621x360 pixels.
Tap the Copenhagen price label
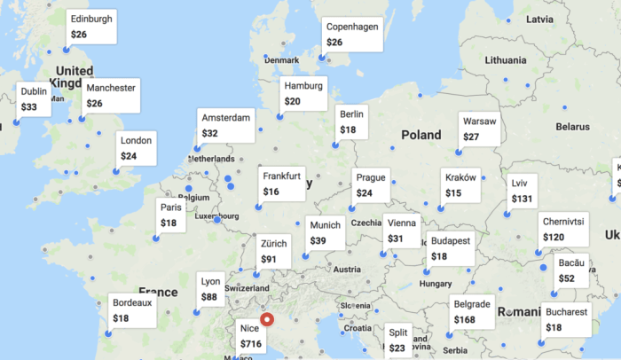[352, 34]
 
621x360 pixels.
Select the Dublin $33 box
[35, 98]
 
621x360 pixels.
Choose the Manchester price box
[111, 96]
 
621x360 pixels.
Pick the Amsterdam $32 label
[226, 125]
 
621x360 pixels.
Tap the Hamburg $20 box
[304, 94]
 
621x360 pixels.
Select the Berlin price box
[351, 121]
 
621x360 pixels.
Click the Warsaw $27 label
[479, 129]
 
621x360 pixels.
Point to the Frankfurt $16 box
[282, 184]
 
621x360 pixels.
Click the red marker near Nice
[268, 322]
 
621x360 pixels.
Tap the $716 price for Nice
[251, 342]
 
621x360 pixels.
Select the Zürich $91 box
[275, 251]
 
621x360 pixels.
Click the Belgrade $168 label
[471, 312]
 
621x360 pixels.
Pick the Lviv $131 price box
[523, 192]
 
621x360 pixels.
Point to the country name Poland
[421, 136]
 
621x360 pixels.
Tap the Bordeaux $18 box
[132, 310]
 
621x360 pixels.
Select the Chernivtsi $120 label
[563, 229]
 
